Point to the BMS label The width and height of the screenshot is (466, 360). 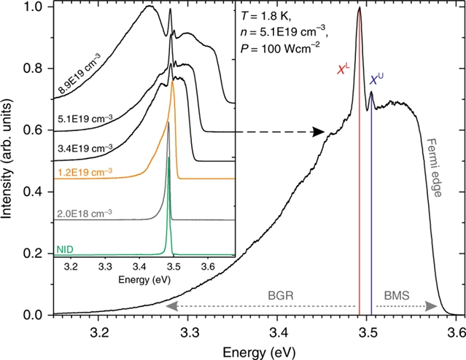point(397,297)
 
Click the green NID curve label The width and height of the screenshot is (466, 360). point(66,250)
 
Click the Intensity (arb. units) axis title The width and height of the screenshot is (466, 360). point(10,158)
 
